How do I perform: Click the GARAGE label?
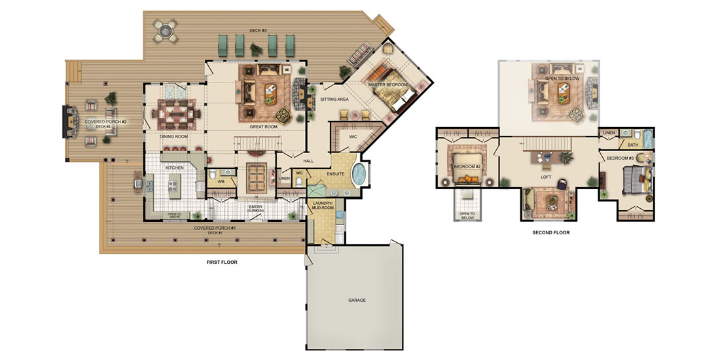pos(356,300)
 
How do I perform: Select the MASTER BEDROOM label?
pos(387,85)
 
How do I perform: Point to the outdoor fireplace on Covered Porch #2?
pos(67,122)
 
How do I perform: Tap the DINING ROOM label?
pos(173,136)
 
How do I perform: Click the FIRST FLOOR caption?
pos(221,262)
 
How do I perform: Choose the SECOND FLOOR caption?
pos(551,232)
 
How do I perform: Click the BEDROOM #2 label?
pos(467,166)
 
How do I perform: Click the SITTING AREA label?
pos(334,99)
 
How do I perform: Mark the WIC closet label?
pos(353,136)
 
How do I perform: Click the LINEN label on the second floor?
pos(608,133)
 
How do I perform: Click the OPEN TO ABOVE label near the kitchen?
pos(174,216)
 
